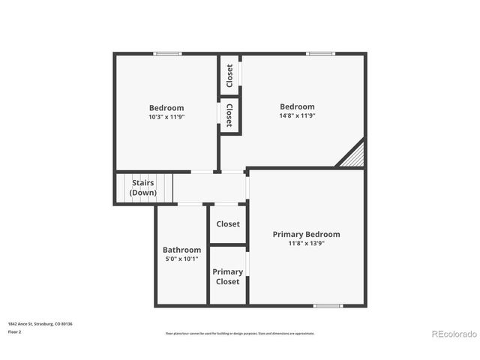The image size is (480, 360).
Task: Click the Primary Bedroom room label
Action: [306, 234]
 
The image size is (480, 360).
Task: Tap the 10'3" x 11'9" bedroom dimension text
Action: [166, 117]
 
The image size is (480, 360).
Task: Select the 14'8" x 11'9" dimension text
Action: [297, 115]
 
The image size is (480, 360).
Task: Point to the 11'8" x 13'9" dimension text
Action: [306, 243]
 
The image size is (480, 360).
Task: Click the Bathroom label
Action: [181, 250]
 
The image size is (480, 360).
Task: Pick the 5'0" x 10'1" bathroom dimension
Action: [181, 259]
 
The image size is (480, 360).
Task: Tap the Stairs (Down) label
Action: [143, 187]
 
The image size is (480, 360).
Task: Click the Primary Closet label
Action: [228, 277]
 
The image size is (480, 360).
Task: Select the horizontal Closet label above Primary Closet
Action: [228, 223]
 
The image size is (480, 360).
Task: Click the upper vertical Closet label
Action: [229, 75]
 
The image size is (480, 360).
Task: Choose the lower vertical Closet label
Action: [229, 115]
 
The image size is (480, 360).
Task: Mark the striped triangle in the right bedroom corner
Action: [353, 156]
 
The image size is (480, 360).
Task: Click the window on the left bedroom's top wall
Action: [168, 53]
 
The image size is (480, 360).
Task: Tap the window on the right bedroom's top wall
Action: [320, 53]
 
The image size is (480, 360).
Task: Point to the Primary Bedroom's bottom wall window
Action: [328, 305]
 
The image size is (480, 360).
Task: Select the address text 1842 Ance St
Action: [40, 324]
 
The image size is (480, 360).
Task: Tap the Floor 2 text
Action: [16, 331]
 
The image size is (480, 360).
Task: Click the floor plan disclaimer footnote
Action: [240, 333]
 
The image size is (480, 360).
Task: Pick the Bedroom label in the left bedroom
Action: [166, 108]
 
